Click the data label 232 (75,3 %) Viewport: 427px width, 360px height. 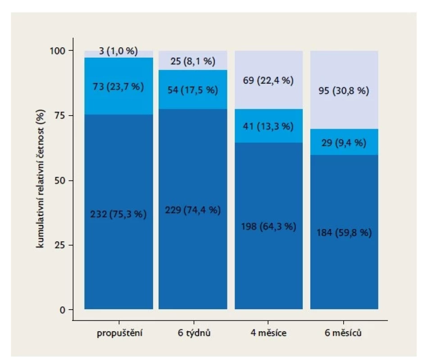pyautogui.click(x=118, y=214)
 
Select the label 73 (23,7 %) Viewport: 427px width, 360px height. pyautogui.click(x=118, y=87)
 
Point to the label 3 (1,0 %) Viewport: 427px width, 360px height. pyautogui.click(x=118, y=51)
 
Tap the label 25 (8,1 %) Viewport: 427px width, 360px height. pyautogui.click(x=193, y=61)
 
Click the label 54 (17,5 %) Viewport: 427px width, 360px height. pyautogui.click(x=193, y=90)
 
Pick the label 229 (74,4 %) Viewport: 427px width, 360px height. pyautogui.click(x=193, y=210)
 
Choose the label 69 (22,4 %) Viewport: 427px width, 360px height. pyautogui.click(x=268, y=81)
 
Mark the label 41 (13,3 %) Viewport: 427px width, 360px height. pyautogui.click(x=268, y=126)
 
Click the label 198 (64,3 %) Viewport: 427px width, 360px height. pyautogui.click(x=268, y=226)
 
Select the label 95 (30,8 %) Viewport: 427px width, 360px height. pyautogui.click(x=344, y=90)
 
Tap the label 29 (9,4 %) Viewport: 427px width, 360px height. pyautogui.click(x=344, y=143)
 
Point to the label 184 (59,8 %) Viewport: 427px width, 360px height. pyautogui.click(x=344, y=233)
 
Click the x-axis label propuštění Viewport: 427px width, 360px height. pyautogui.click(x=119, y=333)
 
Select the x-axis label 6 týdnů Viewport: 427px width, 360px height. pyautogui.click(x=194, y=333)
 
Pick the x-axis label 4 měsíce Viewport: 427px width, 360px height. pyautogui.click(x=268, y=333)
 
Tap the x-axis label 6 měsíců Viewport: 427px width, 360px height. pyautogui.click(x=343, y=333)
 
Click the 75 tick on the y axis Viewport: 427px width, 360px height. pyautogui.click(x=60, y=116)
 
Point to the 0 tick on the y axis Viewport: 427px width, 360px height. pyautogui.click(x=63, y=310)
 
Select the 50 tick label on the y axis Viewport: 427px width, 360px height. pyautogui.click(x=60, y=180)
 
